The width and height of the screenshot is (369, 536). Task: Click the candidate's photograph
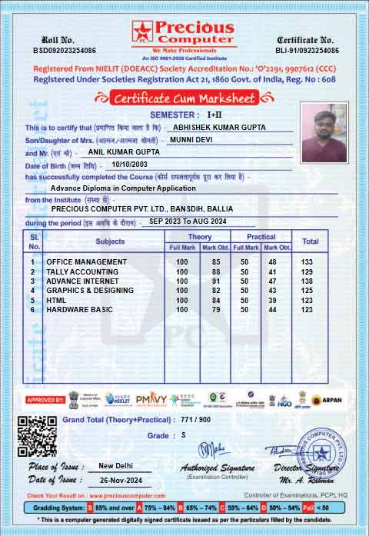[x=324, y=132]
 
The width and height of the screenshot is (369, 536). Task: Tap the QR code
[x=37, y=436]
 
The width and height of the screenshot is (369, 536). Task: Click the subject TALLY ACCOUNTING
[x=82, y=271]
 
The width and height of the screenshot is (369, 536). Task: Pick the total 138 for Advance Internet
[x=307, y=281]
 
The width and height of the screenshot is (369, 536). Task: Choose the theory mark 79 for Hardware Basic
[x=216, y=309]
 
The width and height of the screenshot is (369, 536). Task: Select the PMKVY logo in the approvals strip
[x=151, y=399]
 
